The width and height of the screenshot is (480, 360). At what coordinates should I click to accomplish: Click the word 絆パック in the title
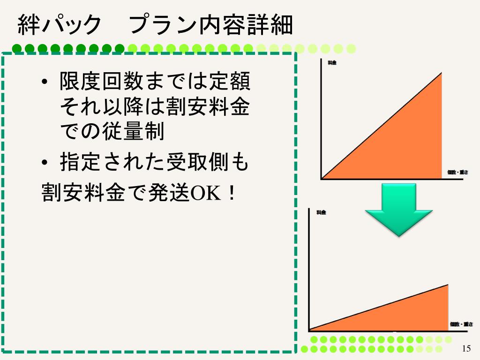[59, 25]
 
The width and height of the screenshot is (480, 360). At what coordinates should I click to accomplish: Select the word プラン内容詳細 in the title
[211, 25]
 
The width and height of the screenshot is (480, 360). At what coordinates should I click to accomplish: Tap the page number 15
[466, 348]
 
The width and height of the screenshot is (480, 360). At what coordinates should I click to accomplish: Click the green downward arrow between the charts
[398, 209]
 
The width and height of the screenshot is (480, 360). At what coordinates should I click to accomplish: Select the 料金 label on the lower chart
[321, 212]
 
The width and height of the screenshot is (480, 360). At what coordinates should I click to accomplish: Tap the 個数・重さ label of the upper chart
[458, 172]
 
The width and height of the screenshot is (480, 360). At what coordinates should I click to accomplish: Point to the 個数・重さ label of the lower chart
[461, 324]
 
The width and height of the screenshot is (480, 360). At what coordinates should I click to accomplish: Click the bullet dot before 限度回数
[45, 83]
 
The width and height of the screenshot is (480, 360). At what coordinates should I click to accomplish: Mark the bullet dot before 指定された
[45, 163]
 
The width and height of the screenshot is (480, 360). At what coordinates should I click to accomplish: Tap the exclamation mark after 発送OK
[230, 192]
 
